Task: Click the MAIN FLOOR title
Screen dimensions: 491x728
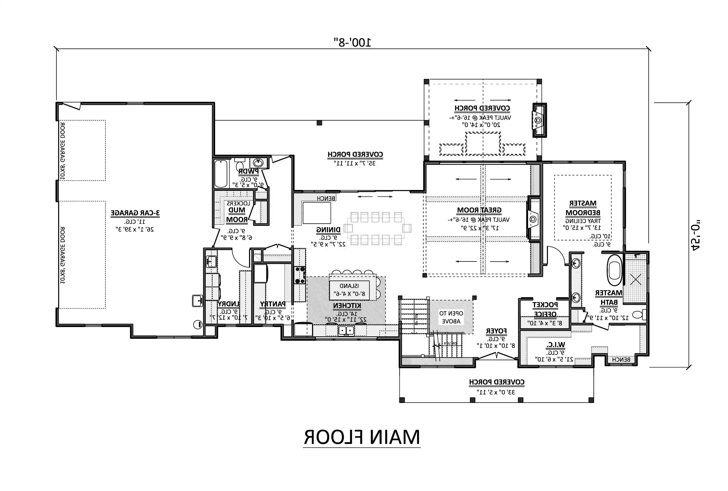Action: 362,437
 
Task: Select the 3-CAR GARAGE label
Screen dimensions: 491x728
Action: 135,213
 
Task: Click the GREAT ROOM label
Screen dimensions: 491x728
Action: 479,210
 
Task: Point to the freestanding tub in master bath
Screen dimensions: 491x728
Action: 614,270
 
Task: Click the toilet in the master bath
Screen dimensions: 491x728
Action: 639,314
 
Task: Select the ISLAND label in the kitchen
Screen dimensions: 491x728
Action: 349,286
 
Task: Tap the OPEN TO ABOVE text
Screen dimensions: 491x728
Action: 451,317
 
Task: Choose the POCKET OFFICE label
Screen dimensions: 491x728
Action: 545,309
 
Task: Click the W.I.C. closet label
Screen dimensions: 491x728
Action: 556,345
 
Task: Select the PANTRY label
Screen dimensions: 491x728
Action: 272,304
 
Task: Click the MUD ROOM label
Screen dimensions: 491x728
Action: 237,215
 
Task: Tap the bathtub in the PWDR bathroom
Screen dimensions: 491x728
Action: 221,173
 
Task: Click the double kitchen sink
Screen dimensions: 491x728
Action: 346,330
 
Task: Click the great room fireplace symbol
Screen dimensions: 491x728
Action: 533,219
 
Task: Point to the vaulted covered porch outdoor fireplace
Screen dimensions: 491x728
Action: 539,120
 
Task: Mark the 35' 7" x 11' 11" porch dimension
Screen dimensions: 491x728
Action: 355,163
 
